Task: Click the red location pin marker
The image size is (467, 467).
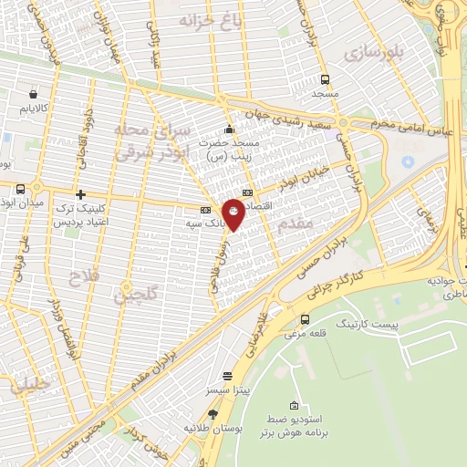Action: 234,214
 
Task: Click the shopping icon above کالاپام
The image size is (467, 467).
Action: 34,93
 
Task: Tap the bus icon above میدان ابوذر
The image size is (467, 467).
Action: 20,189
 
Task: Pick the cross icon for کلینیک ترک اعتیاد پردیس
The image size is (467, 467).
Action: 81,194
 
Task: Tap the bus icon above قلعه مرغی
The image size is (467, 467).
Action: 305,319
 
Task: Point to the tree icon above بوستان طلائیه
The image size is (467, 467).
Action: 213,413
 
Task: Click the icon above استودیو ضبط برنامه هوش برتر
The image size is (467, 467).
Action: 293,406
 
